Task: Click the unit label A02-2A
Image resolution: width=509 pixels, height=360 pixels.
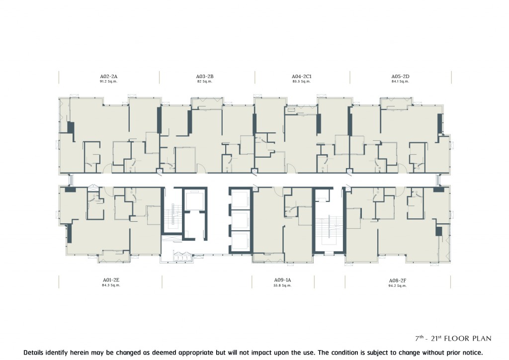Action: (108, 77)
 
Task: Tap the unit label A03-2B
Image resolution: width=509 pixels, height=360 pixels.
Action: (204, 77)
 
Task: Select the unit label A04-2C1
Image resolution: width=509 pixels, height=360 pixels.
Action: (301, 77)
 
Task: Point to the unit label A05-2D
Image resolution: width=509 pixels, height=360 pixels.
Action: (400, 77)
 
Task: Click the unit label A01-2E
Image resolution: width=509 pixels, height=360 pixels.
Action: (111, 280)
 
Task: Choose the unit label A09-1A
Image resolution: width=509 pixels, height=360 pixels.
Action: (282, 280)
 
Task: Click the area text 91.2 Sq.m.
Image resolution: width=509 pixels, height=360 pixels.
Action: (108, 82)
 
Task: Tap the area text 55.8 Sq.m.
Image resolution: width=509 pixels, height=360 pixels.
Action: (282, 285)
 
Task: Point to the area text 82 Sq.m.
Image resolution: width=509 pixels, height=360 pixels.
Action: (204, 82)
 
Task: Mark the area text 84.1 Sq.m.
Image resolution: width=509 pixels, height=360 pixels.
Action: (400, 82)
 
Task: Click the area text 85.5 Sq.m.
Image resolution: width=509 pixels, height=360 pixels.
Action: (301, 82)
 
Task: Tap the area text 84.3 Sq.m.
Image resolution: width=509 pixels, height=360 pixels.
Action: (111, 285)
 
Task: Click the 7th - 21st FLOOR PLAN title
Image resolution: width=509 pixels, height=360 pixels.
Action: (453, 339)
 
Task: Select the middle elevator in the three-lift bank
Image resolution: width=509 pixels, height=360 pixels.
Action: (241, 220)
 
